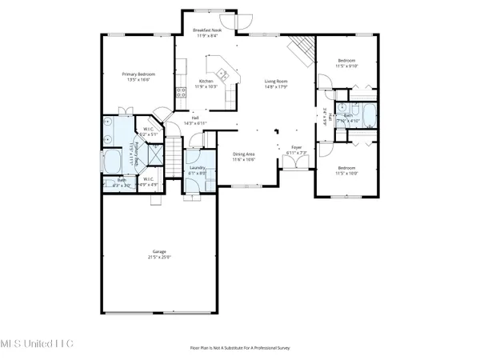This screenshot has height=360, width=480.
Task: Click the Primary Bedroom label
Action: pos(138,75)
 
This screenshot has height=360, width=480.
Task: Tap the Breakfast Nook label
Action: pos(213,31)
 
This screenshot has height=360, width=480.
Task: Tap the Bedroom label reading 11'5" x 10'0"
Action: pos(346,170)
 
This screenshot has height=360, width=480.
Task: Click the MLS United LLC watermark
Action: pos(36,343)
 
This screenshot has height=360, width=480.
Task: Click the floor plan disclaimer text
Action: pos(239,348)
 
